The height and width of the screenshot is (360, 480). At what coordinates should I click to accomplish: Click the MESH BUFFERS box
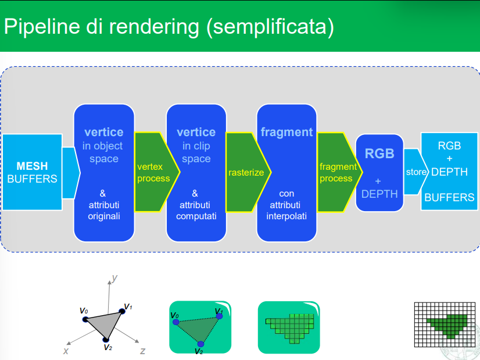click(x=32, y=172)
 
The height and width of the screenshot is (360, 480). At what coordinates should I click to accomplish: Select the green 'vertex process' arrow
click(x=157, y=172)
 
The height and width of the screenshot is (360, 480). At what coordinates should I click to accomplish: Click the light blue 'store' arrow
click(x=415, y=172)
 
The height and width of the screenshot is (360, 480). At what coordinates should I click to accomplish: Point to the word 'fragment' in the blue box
click(x=287, y=132)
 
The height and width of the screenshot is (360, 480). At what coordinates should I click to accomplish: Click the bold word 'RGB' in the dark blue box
click(x=379, y=154)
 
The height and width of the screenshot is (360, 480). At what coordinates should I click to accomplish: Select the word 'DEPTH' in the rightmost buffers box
click(x=449, y=172)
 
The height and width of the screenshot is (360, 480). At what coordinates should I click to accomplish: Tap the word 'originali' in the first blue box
click(x=104, y=216)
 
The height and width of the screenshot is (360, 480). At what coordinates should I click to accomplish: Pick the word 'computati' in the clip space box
click(x=196, y=216)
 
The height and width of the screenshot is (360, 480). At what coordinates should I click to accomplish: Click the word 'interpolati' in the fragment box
click(x=286, y=216)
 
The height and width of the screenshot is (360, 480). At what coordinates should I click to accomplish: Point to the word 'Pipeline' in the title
click(x=42, y=27)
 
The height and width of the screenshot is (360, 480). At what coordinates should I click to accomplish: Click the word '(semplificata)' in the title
click(x=270, y=27)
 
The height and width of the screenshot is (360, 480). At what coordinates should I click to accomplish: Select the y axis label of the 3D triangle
click(x=114, y=278)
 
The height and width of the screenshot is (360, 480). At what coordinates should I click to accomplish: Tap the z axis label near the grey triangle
click(x=142, y=351)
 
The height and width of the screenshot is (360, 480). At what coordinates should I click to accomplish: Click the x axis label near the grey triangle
click(x=66, y=351)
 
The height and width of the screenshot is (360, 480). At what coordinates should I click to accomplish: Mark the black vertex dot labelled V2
click(x=106, y=340)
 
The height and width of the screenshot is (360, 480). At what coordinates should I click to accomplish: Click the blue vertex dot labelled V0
click(x=175, y=322)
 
